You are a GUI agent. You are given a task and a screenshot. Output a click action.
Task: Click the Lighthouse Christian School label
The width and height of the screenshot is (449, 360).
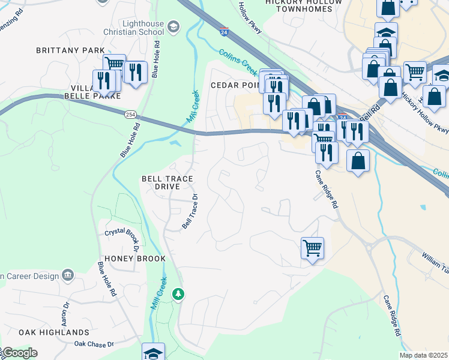point(135,27)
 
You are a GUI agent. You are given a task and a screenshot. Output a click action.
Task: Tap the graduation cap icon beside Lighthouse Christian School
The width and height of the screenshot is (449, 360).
point(173,26)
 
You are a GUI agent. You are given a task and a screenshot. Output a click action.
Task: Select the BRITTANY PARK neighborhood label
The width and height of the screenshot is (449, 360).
point(70,51)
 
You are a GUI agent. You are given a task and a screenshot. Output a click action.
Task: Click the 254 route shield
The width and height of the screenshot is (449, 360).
point(130,114)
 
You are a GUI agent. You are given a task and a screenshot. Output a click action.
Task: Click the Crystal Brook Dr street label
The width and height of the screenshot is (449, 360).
point(122,236)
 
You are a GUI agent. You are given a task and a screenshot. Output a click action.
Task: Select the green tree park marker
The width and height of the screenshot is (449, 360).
point(178,294)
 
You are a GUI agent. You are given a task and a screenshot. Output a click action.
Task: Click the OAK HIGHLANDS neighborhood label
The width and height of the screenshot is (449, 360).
point(54,332)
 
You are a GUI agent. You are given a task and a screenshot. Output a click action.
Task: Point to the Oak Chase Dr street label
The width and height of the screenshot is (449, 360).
point(94,344)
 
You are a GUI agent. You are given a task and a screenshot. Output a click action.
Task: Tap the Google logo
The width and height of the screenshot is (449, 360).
point(19,353)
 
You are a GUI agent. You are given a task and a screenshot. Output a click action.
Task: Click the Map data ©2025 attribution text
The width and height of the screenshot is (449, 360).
point(423,355)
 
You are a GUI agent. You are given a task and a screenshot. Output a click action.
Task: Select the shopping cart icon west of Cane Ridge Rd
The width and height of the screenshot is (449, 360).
point(312,247)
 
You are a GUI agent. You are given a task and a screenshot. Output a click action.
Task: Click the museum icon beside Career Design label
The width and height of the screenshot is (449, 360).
point(67,275)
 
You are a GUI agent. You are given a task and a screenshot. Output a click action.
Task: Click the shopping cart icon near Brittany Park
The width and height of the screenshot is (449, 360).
point(114,64)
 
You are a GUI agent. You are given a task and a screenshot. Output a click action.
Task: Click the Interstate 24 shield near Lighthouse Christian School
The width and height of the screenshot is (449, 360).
point(223,31)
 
